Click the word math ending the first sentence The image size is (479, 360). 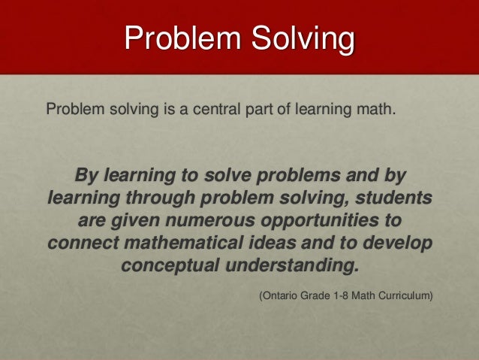click(378, 111)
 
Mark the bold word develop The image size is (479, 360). click(400, 244)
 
